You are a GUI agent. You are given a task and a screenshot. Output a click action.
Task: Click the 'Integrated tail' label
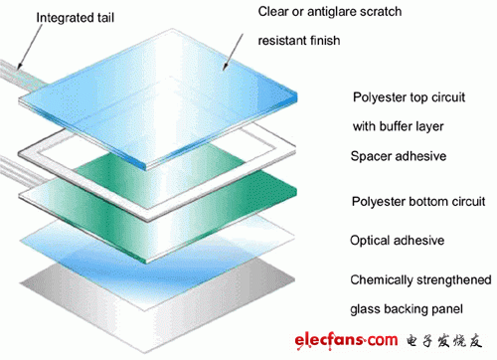76,18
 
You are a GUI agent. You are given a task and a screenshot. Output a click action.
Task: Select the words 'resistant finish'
299,41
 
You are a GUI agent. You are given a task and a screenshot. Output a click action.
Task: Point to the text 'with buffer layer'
398,126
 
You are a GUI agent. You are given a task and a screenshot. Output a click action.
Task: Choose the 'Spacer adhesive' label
399,156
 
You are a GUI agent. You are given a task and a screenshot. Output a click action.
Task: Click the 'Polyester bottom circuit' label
418,201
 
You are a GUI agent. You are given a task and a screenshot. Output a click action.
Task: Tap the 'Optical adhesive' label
397,241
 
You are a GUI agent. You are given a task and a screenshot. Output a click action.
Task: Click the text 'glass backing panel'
407,309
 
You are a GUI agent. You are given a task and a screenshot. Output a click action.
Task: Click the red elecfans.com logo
346,340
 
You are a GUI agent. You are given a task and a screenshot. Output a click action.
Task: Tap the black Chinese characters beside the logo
444,341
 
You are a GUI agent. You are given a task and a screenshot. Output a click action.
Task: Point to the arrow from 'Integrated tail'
30,47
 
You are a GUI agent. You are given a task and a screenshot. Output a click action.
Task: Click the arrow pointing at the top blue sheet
233,52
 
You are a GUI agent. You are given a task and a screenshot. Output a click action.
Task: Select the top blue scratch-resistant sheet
158,99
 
